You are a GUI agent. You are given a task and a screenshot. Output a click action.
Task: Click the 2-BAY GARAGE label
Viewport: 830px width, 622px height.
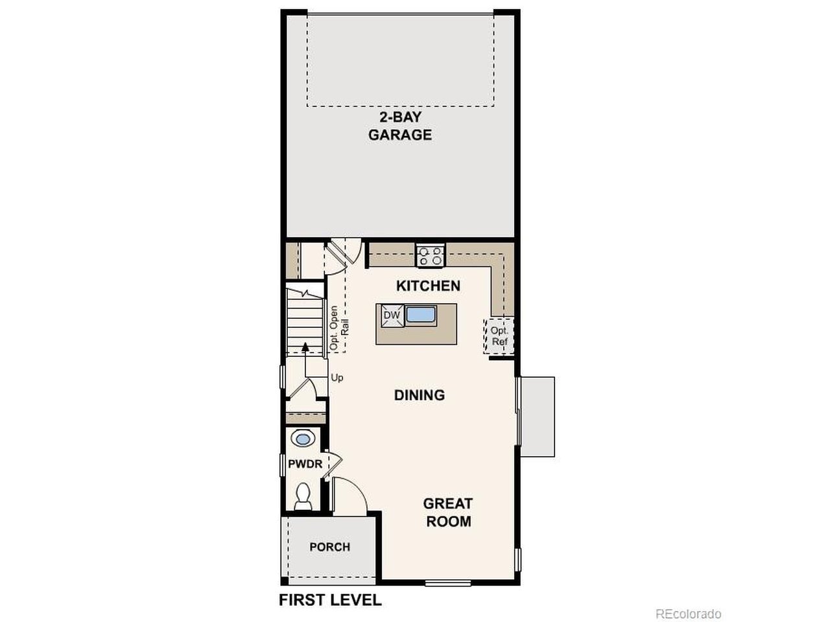point(399,126)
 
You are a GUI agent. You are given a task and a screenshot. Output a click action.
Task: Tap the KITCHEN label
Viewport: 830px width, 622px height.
point(428,286)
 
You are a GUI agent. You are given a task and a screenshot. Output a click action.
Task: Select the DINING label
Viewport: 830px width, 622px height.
point(420,395)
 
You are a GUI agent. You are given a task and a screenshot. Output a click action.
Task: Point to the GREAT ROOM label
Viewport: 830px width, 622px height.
point(449,512)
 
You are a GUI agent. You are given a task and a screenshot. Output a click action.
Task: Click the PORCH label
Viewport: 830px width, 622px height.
point(330,547)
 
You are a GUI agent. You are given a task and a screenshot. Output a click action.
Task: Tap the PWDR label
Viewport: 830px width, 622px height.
point(305,464)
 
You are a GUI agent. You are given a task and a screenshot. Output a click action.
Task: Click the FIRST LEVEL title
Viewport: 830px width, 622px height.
point(330,600)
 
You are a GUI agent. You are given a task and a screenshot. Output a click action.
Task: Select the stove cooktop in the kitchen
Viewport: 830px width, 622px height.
point(430,256)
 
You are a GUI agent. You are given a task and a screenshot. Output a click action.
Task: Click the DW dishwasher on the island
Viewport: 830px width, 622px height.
point(392,315)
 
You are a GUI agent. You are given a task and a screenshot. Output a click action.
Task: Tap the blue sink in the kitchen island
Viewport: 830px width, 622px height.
point(420,315)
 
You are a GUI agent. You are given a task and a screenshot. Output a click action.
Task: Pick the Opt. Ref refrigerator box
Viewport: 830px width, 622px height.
point(499,336)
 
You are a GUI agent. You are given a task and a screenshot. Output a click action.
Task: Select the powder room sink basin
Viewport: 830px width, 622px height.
point(303,439)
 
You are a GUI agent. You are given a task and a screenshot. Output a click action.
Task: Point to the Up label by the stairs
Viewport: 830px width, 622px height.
point(337,377)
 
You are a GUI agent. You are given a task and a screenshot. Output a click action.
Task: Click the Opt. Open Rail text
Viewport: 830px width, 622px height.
point(338,327)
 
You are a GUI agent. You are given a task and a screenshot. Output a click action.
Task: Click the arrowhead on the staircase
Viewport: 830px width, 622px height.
point(305,347)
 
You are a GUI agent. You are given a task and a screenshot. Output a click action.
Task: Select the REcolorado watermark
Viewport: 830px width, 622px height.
point(688,614)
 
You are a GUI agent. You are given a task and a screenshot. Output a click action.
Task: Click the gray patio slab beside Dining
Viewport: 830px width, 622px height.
point(538,416)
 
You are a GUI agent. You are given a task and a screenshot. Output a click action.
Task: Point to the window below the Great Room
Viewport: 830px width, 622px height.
point(448,584)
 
